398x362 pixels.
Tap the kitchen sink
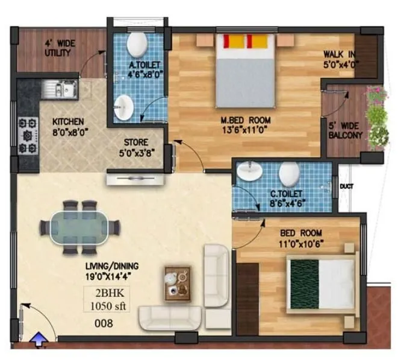59,90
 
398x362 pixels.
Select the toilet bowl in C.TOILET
290,174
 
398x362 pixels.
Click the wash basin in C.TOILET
249,171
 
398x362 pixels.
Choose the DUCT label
347,188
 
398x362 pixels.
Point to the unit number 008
105,323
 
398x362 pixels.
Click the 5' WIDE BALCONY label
346,131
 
